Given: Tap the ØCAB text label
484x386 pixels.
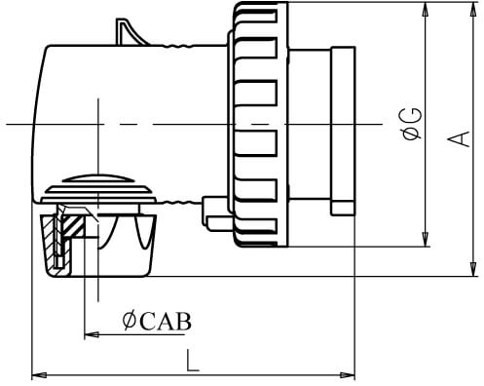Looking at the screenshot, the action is pyautogui.click(x=157, y=321).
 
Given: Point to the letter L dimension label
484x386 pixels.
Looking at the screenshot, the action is pyautogui.click(x=192, y=361).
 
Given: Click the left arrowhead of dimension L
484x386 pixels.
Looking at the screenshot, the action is pyautogui.click(x=39, y=375).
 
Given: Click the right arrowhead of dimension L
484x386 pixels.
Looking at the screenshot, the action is pyautogui.click(x=348, y=375).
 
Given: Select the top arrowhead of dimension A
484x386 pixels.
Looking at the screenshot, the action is pyautogui.click(x=473, y=9).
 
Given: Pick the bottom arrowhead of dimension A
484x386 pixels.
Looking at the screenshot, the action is pyautogui.click(x=473, y=269).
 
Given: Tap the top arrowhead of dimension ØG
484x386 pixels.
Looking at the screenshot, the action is pyautogui.click(x=426, y=9).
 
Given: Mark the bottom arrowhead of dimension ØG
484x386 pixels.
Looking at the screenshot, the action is pyautogui.click(x=426, y=240).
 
